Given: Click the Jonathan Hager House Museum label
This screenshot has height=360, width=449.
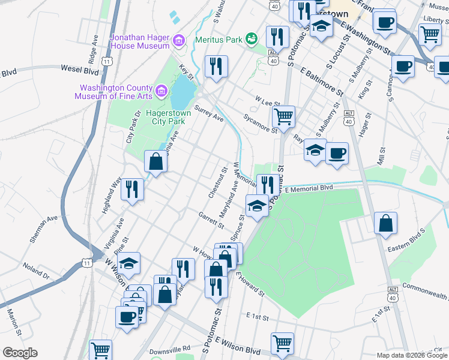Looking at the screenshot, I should (x=139, y=41).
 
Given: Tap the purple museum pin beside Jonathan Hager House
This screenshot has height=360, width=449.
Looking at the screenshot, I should (x=178, y=41).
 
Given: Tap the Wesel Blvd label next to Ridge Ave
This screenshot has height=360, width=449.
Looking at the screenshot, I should (x=79, y=70).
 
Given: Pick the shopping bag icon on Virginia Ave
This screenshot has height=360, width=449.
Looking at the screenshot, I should (x=155, y=161).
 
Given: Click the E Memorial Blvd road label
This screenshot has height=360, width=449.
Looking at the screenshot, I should (x=309, y=189).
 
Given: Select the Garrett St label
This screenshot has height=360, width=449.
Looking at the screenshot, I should (x=211, y=220).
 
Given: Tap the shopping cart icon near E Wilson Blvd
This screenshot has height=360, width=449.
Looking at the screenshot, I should (x=282, y=343).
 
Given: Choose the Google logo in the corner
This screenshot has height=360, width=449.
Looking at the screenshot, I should (x=20, y=353).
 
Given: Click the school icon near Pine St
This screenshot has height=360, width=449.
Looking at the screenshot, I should (x=128, y=262).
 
